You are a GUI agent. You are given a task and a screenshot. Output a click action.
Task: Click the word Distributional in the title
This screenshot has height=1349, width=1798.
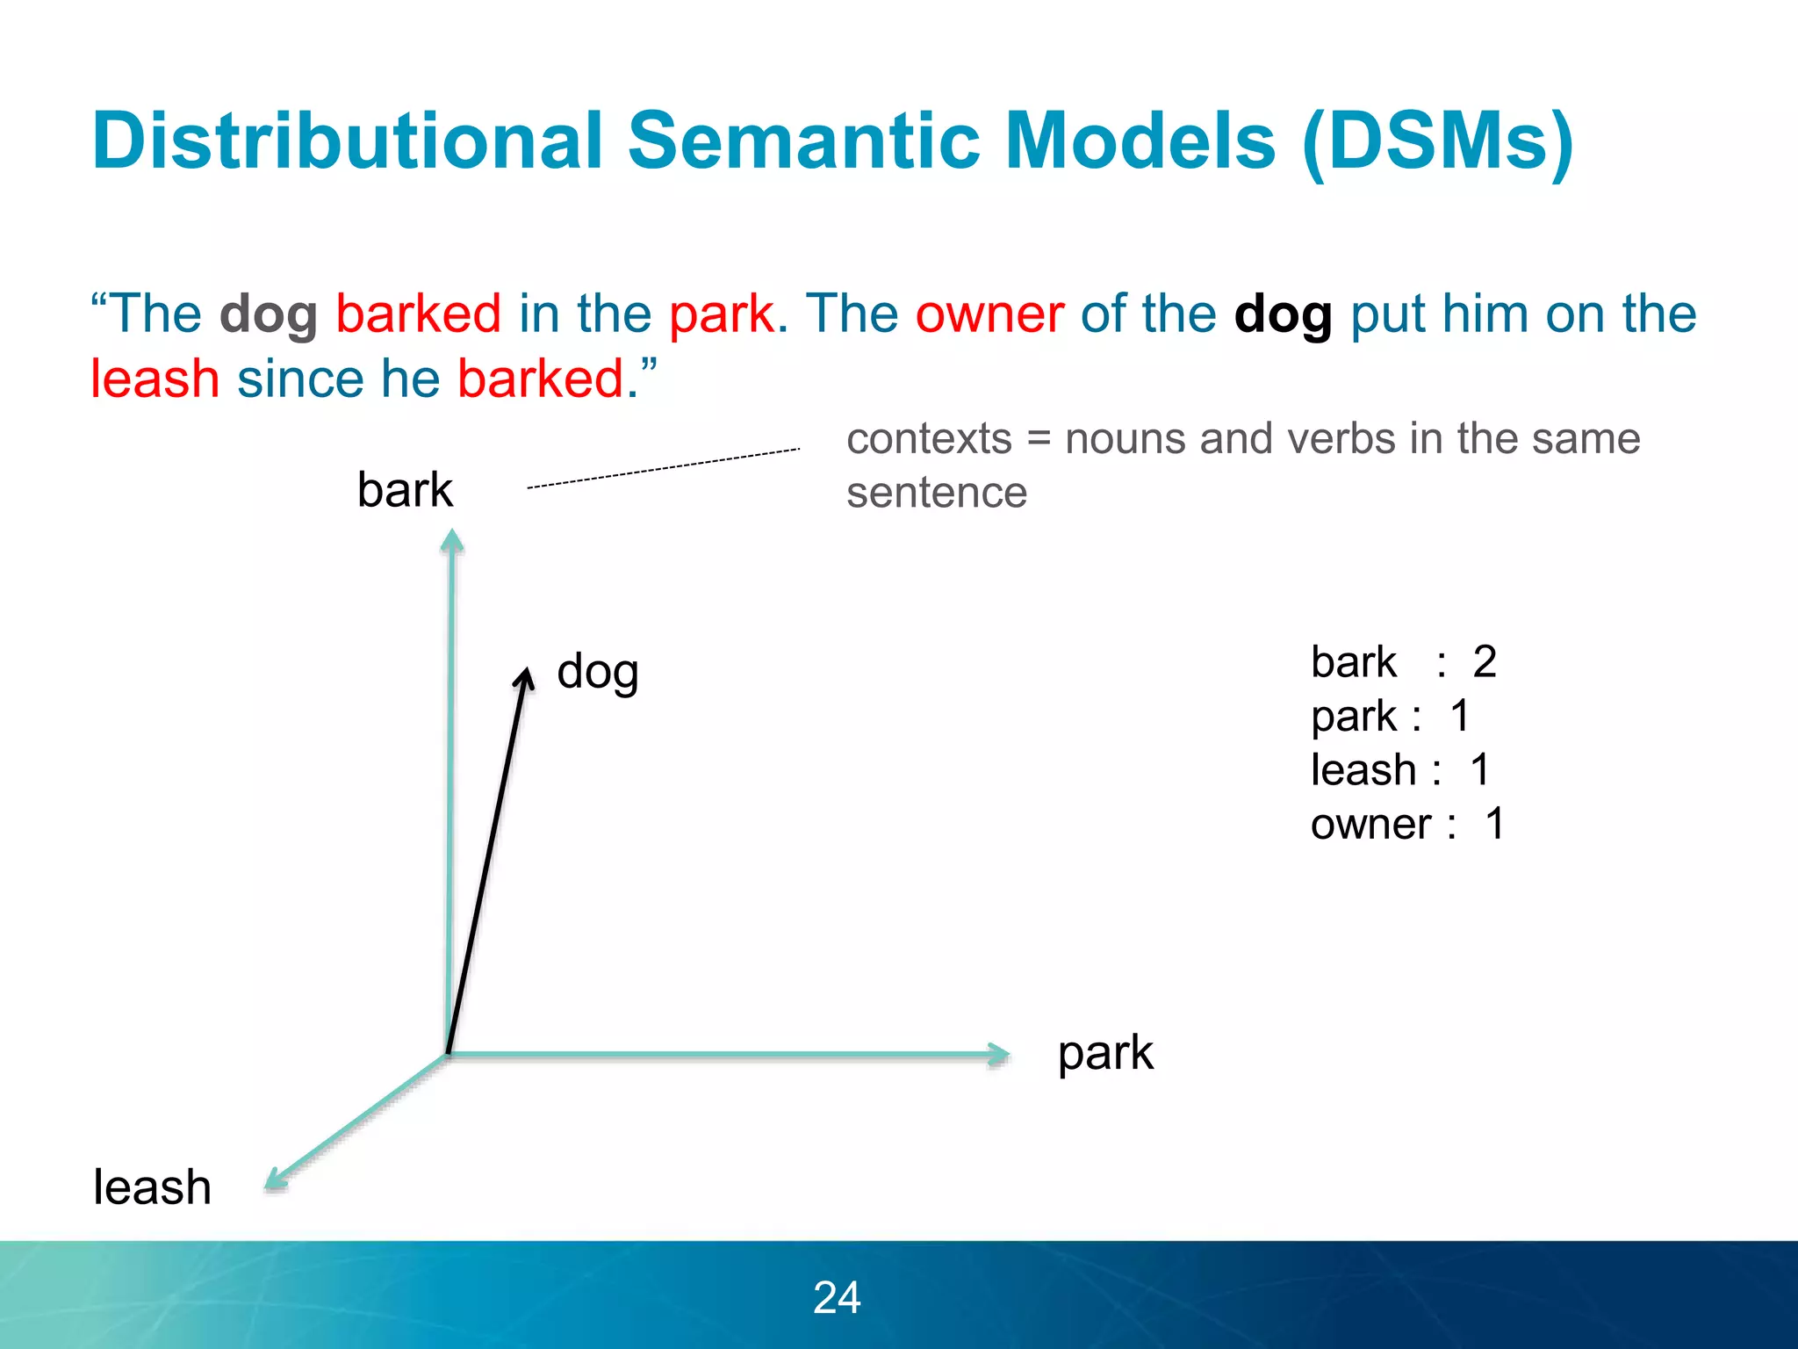pos(347,141)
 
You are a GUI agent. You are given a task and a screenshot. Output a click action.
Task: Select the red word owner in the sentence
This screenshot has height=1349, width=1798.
pos(989,314)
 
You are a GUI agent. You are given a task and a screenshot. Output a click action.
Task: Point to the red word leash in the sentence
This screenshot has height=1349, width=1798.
pos(155,379)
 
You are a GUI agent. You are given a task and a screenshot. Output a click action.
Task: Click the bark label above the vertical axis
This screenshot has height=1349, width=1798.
pos(405,490)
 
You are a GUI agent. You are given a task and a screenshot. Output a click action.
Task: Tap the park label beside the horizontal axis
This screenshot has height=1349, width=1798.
pos(1104,1054)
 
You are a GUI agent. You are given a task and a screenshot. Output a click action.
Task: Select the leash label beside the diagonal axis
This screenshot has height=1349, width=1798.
pos(152,1187)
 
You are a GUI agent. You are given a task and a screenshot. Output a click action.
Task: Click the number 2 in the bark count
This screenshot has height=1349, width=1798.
pos(1484,661)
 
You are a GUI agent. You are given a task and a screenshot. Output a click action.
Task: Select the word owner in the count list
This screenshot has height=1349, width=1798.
pos(1370,825)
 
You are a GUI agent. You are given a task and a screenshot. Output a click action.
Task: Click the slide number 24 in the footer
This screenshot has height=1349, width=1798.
pos(837,1297)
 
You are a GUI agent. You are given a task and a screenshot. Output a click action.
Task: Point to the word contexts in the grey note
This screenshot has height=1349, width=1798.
pos(929,438)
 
